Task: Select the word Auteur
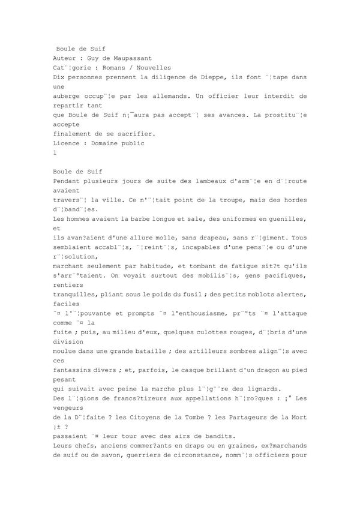pyautogui.click(x=65, y=58)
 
